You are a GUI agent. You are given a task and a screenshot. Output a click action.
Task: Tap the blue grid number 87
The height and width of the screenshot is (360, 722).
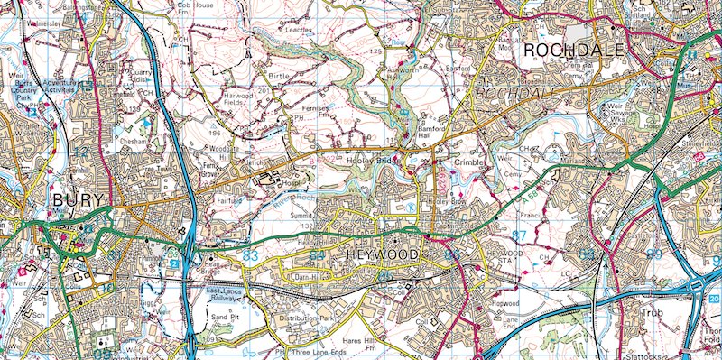coord(519,235)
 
